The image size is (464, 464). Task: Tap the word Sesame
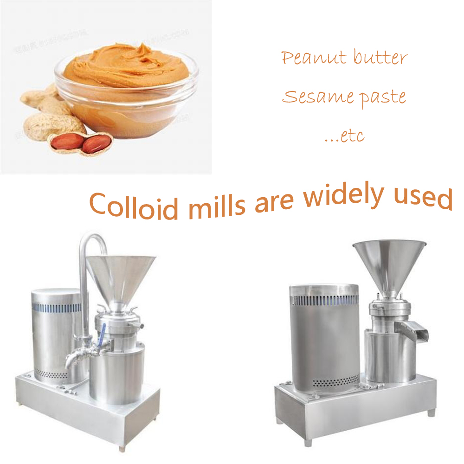click(x=310, y=97)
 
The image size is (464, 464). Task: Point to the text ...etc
click(x=344, y=136)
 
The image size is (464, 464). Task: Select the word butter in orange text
click(x=380, y=58)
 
